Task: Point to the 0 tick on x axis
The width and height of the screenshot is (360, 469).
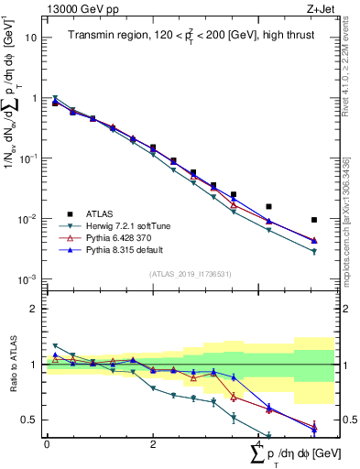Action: coord(47,444)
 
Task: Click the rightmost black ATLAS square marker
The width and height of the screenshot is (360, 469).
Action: coord(314,220)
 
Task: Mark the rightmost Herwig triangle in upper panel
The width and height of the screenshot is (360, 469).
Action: coord(314,252)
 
